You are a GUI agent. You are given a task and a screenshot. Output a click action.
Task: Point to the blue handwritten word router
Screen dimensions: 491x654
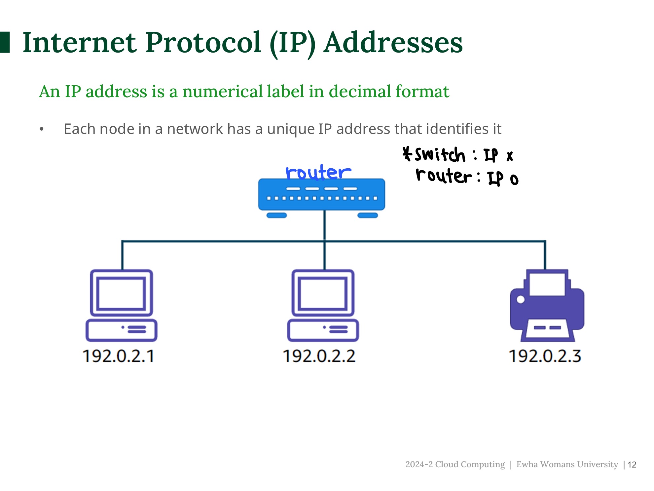(x=318, y=172)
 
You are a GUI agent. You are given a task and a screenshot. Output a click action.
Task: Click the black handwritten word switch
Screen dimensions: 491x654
(x=440, y=155)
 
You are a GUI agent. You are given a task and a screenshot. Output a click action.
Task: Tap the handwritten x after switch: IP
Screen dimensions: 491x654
(x=510, y=156)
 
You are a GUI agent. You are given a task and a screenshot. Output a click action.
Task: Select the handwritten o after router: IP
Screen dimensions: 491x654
(x=514, y=180)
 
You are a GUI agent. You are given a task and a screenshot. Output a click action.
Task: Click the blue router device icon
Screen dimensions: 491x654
(x=321, y=195)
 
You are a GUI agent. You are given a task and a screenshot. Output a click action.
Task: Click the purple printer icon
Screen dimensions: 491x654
(x=547, y=306)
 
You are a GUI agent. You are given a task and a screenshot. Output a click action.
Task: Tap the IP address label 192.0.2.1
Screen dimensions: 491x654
(x=118, y=356)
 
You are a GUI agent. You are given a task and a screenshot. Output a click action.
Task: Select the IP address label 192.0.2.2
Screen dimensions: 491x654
(x=319, y=356)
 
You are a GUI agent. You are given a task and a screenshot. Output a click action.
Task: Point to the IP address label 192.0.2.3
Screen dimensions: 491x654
(x=545, y=356)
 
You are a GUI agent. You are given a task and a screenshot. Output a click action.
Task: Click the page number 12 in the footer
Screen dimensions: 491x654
(x=632, y=465)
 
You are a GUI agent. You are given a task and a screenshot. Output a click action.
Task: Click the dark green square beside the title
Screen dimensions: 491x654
(x=5, y=42)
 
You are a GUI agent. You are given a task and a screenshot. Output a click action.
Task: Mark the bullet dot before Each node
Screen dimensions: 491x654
(x=42, y=129)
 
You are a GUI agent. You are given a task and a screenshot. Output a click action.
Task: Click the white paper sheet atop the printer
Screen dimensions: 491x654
(x=547, y=284)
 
